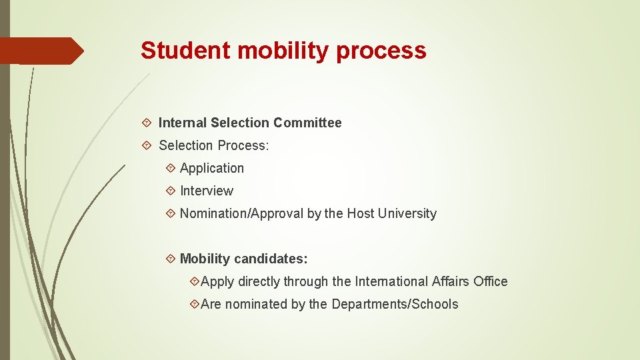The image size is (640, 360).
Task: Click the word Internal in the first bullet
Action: point(182,123)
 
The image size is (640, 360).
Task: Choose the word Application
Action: point(212,169)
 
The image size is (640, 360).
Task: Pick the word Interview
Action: point(207,191)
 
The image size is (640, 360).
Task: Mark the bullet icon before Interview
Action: point(171,191)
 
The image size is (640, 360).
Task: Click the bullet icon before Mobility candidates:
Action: point(171,259)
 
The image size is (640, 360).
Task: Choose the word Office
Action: point(491,281)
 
